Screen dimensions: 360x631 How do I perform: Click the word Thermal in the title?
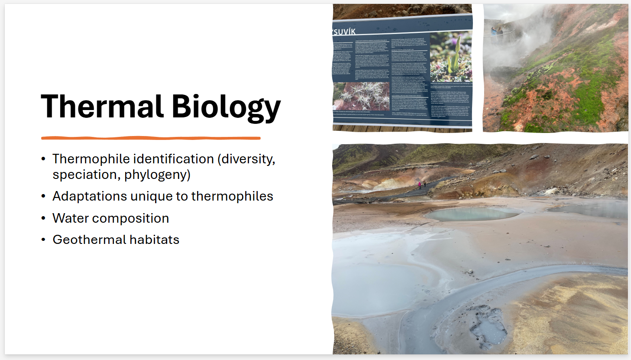pyautogui.click(x=102, y=107)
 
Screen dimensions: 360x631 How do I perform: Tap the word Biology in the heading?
pyautogui.click(x=226, y=107)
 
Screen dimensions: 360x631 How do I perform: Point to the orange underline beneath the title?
pyautogui.click(x=151, y=138)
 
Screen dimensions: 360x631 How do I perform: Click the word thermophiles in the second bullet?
pyautogui.click(x=232, y=196)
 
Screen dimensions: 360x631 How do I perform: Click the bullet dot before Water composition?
pyautogui.click(x=43, y=218)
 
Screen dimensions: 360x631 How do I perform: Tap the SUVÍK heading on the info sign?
pyautogui.click(x=344, y=32)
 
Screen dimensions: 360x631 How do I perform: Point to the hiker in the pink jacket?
pyautogui.click(x=419, y=185)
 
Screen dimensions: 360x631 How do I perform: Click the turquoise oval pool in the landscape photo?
pyautogui.click(x=473, y=214)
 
